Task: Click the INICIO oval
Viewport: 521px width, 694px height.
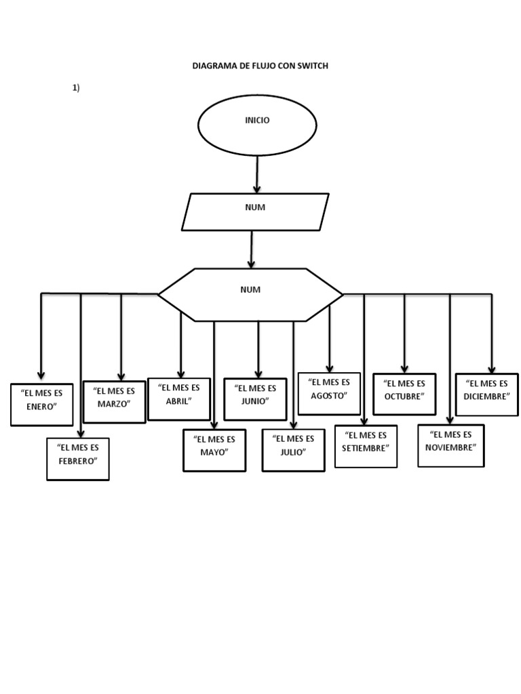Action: (256, 125)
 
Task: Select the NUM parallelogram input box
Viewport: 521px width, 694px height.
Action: (255, 211)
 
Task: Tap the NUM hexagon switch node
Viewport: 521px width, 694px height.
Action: (250, 294)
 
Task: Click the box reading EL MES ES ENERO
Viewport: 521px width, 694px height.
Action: (41, 404)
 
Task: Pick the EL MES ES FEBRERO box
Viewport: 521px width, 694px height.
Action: (78, 459)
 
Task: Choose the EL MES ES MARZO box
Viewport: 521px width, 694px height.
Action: (114, 401)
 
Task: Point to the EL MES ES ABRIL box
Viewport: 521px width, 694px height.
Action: (178, 399)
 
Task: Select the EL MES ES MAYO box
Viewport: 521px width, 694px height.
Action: (214, 450)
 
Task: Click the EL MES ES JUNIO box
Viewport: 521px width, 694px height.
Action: (255, 399)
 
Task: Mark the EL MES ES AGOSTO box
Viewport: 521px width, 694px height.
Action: (329, 393)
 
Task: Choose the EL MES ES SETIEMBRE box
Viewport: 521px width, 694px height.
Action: (366, 446)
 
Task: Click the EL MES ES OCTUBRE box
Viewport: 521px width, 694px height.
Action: (404, 394)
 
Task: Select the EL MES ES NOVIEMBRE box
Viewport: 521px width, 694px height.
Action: (450, 445)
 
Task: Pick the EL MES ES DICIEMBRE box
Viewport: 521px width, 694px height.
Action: (486, 394)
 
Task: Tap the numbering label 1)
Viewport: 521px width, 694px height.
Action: (76, 88)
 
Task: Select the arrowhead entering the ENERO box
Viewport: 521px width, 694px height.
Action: (41, 375)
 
